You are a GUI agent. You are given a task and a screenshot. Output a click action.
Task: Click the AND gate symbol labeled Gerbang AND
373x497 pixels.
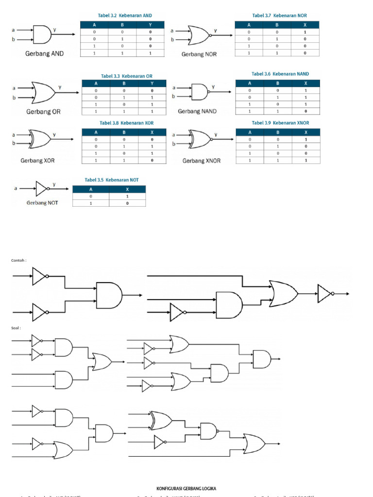click(43, 34)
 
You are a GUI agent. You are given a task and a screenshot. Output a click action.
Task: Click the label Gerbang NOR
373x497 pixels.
click(199, 54)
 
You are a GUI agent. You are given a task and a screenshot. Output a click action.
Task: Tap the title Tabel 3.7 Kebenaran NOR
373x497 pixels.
click(279, 16)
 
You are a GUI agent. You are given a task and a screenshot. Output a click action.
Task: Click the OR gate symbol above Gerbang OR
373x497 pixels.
click(43, 92)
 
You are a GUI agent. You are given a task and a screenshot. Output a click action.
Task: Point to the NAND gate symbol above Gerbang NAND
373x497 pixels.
click(200, 92)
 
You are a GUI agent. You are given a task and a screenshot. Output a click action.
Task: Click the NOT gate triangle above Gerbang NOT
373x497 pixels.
click(42, 187)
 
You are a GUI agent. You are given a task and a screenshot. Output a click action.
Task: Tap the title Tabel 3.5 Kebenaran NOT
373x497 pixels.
click(112, 180)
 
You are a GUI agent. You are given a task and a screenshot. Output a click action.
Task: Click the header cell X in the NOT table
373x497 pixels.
click(127, 189)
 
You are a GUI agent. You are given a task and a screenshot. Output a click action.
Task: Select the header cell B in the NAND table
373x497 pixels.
click(278, 83)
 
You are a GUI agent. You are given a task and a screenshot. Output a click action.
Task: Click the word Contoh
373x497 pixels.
click(18, 260)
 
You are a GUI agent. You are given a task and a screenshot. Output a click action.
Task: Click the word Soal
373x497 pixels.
click(17, 328)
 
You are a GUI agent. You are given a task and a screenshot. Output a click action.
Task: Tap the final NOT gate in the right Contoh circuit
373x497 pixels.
click(324, 293)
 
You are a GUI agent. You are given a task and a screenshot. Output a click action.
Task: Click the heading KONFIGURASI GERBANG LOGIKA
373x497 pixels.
click(186, 488)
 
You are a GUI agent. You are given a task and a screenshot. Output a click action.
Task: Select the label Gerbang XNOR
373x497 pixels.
click(201, 161)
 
